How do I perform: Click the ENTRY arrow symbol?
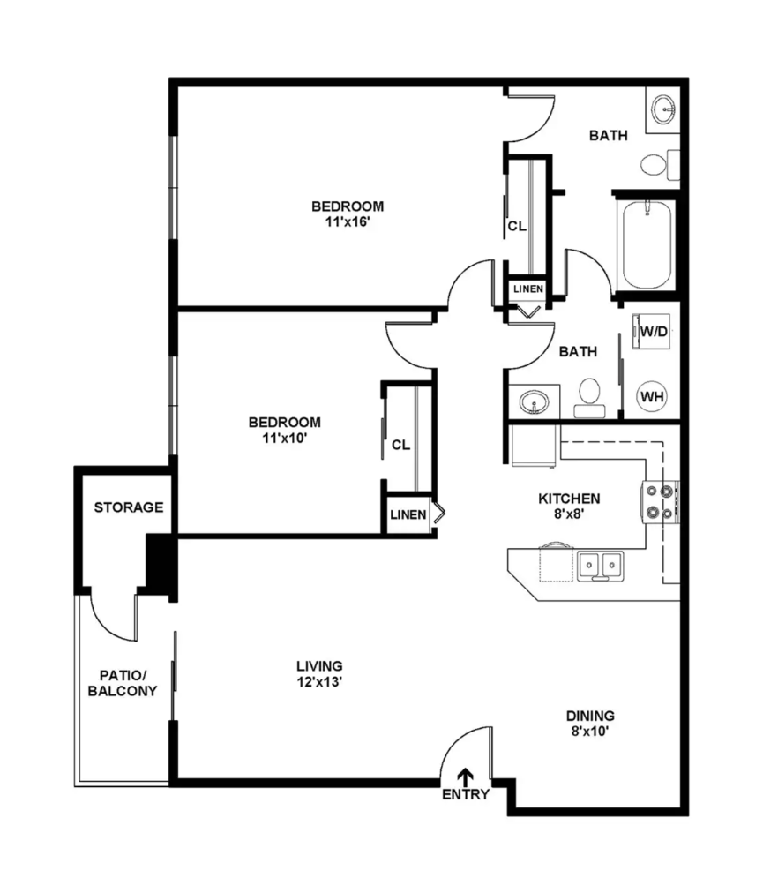pos(466,777)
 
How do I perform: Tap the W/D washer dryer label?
pos(654,331)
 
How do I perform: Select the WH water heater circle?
pos(652,396)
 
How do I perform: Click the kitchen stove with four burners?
pos(661,502)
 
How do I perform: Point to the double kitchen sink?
pos(601,566)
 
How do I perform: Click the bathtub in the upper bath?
pos(647,245)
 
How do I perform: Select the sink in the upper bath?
pos(663,110)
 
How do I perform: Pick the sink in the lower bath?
pos(535,402)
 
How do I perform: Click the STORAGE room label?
pos(129,507)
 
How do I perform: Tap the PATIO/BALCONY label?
pos(123,683)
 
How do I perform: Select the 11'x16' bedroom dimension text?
pos(348,221)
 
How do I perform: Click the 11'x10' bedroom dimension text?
pos(285,438)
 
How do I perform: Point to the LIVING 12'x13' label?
pos(319,674)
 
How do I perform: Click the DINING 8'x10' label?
pos(590,724)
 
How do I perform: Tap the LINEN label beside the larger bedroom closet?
pos(528,289)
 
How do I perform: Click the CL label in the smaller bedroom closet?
pos(400,445)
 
